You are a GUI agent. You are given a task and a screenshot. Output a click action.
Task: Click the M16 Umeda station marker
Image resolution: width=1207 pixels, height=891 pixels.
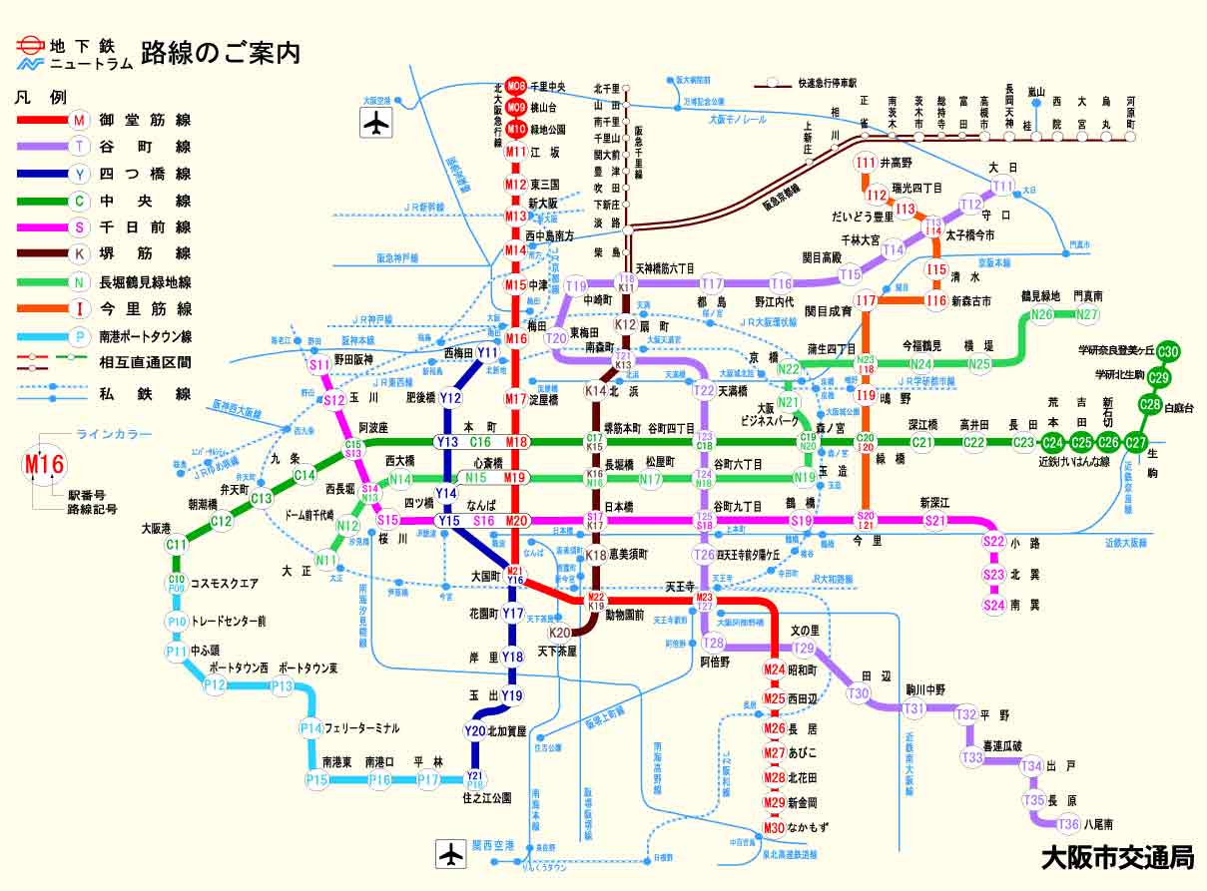coord(515,339)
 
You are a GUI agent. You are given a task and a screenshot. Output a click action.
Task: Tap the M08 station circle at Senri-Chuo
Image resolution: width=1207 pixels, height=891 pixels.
coord(515,87)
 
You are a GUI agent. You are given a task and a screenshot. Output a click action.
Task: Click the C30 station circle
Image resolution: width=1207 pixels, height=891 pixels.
coord(1169,351)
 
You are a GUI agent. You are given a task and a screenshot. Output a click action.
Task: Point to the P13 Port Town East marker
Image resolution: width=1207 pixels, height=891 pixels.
coord(283,686)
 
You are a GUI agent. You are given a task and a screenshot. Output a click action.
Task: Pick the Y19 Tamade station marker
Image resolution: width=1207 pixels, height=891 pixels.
coord(511,695)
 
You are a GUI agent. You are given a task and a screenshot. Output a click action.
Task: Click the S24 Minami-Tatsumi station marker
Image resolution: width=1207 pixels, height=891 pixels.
coord(993,605)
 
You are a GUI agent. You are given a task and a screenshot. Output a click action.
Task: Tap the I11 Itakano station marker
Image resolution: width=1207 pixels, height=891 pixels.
coord(867,163)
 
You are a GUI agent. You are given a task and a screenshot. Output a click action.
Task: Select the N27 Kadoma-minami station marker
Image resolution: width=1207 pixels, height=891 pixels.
coord(1087,315)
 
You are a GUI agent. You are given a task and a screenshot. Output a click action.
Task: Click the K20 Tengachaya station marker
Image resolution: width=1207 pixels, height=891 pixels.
coord(560,633)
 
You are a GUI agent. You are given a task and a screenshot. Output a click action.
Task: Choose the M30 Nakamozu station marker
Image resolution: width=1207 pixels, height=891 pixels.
coord(775,827)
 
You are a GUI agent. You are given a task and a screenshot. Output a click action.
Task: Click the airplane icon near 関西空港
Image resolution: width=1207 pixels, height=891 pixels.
coord(451,854)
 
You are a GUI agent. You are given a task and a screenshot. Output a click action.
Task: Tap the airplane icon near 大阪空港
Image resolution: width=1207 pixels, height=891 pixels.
coord(375,123)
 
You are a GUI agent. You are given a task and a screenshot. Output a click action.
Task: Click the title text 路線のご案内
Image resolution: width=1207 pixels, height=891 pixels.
coord(221,52)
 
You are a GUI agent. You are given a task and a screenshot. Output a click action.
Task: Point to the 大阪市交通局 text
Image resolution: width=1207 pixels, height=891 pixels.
coord(1117,857)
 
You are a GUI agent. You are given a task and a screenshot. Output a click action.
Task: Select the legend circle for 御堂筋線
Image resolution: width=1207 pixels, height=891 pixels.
coord(80,120)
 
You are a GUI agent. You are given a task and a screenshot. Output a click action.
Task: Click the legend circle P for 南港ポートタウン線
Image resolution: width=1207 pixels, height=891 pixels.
coord(80,336)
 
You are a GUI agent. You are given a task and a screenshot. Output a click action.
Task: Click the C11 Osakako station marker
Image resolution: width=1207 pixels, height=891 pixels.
coord(177,545)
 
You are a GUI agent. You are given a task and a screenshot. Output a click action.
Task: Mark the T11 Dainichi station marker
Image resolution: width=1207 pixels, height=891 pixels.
coord(1002,187)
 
